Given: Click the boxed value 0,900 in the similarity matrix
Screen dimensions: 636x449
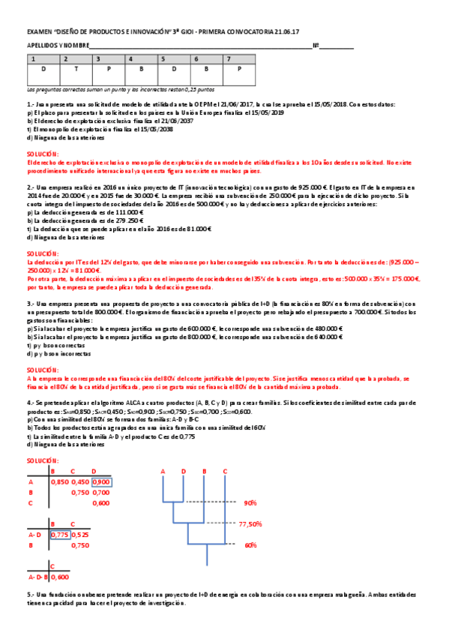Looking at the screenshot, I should [101, 481].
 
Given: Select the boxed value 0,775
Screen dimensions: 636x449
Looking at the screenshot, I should [60, 535].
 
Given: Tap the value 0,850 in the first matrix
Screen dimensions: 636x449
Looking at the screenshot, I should [60, 481].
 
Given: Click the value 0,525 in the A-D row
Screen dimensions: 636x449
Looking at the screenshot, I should [81, 535].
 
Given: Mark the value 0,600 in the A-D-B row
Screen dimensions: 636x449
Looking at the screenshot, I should [60, 577].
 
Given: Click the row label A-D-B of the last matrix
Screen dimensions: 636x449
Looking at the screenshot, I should [37, 577].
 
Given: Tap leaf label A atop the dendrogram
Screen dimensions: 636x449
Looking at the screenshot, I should [163, 471].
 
